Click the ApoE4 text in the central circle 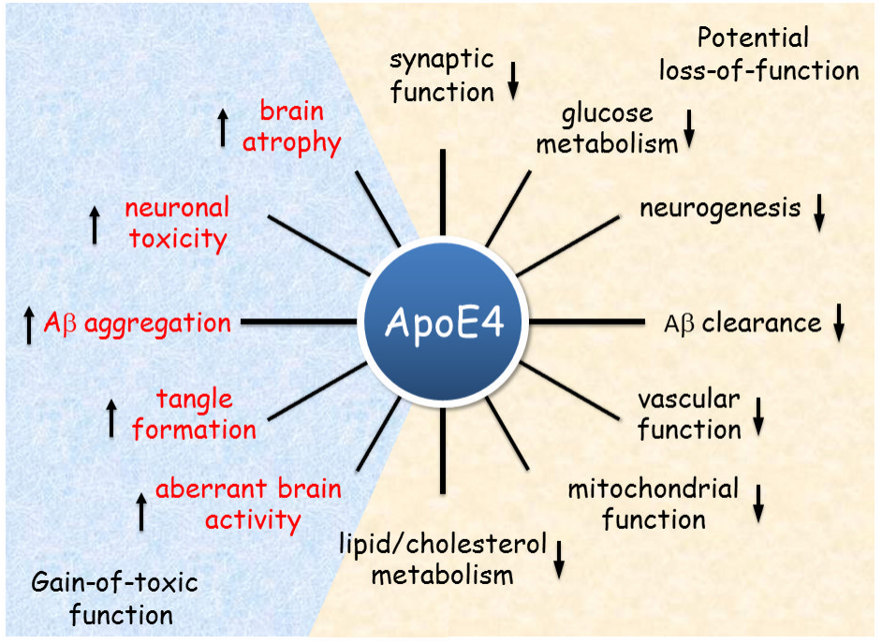click(445, 324)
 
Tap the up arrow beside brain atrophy click(224, 128)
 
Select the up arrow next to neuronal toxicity click(95, 225)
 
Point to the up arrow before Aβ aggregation click(29, 325)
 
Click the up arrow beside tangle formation click(111, 417)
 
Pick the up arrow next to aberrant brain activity click(141, 512)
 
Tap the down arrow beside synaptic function click(513, 81)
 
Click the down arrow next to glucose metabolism click(689, 129)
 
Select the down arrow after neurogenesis click(819, 212)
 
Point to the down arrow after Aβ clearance click(839, 322)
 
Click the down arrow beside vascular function click(758, 417)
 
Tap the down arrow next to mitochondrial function click(758, 504)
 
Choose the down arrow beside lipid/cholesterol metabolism click(559, 560)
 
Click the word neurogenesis click(720, 209)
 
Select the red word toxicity click(178, 239)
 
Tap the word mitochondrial click(653, 489)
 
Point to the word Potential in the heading click(753, 38)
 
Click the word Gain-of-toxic click(115, 582)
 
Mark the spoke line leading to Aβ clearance click(587, 322)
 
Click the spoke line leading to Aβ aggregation click(300, 322)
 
